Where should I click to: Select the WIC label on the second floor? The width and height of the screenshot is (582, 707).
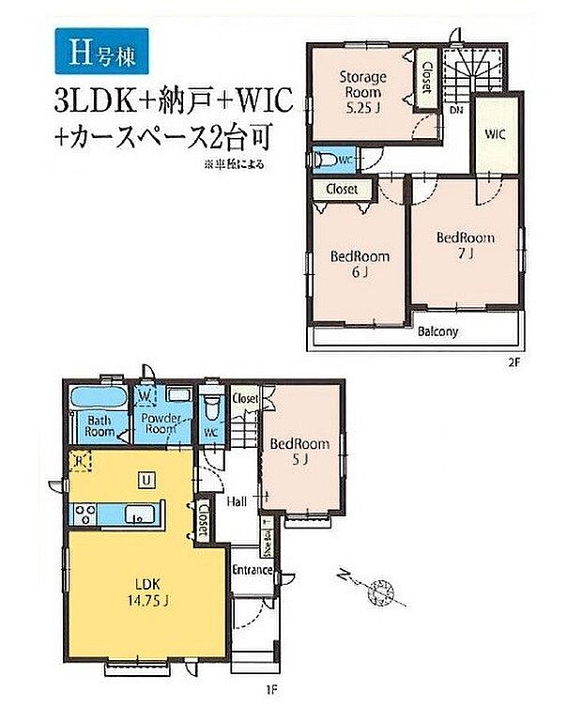496,134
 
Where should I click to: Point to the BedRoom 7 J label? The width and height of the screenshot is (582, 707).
465,246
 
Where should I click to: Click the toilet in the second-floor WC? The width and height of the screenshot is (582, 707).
325,161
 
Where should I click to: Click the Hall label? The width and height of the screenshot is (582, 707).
237,502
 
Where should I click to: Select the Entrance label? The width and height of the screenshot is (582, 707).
253,571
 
